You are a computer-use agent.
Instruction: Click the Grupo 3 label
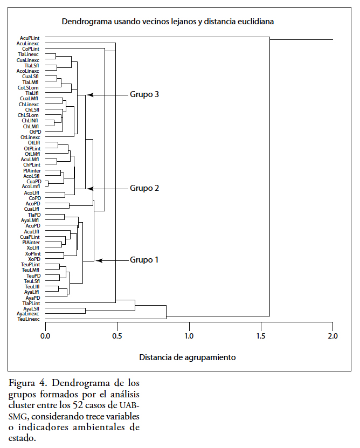(x=144, y=94)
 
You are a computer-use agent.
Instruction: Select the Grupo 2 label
(x=144, y=188)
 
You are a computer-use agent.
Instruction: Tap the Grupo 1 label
(x=144, y=260)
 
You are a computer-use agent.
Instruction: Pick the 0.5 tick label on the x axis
(x=117, y=337)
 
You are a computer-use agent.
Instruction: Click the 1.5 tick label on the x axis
(x=261, y=337)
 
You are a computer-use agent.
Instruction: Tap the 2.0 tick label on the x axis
(x=333, y=337)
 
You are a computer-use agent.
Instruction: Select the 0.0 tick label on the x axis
(x=45, y=337)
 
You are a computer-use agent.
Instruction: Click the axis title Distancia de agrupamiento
(x=188, y=357)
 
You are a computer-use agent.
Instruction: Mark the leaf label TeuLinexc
(x=29, y=319)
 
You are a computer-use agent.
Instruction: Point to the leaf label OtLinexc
(x=30, y=137)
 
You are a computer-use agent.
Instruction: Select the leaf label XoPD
(x=34, y=259)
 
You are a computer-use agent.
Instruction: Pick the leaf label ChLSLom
(x=28, y=115)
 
